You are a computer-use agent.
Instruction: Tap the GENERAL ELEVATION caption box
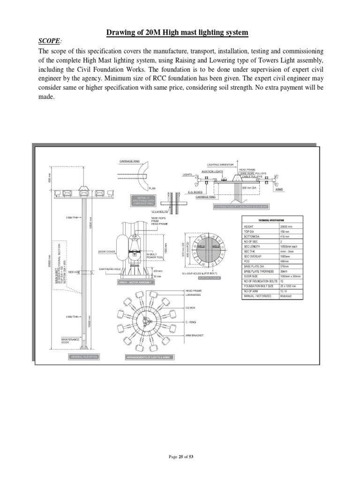click(84, 357)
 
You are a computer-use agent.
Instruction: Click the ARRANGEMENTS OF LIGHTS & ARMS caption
click(149, 357)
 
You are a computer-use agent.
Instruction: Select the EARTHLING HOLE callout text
click(111, 269)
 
